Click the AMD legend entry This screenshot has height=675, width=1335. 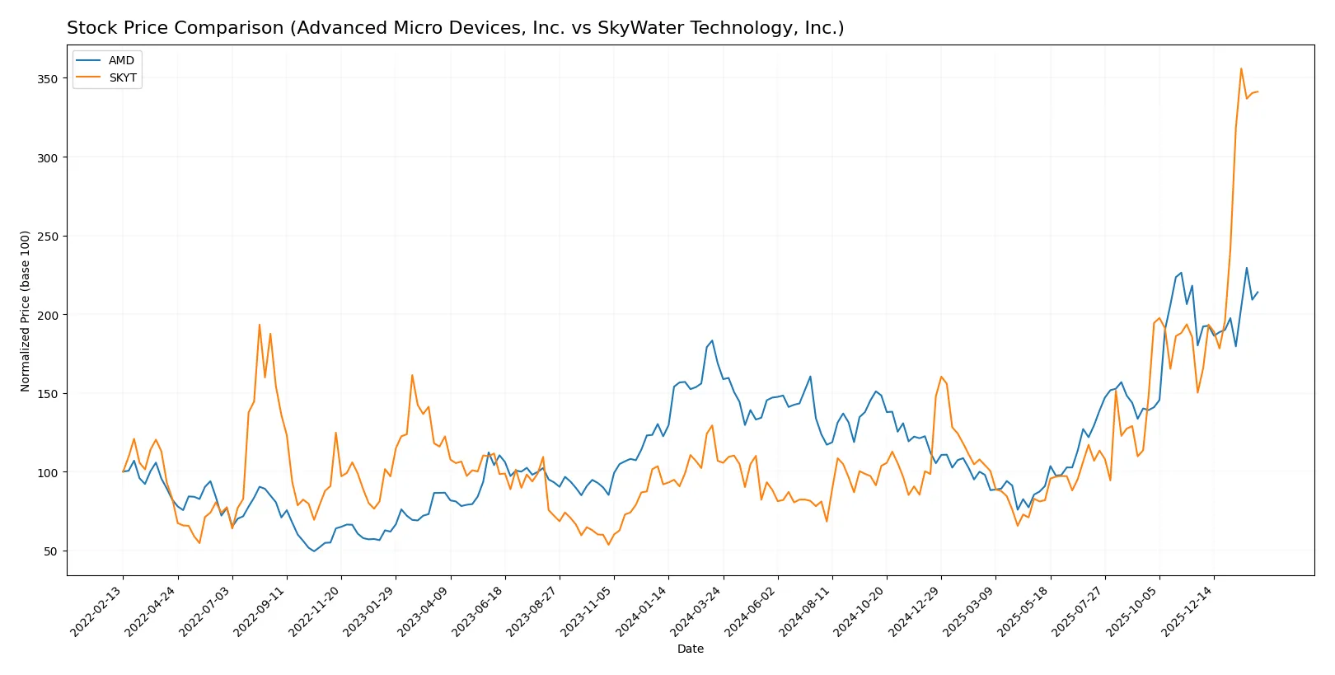point(121,61)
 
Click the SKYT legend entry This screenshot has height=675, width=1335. point(123,78)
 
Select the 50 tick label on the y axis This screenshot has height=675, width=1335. point(50,551)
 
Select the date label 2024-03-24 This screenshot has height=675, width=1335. point(698,612)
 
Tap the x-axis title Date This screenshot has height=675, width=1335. point(691,649)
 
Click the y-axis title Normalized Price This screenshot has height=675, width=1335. point(26,311)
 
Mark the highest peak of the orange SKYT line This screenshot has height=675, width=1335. point(1241,68)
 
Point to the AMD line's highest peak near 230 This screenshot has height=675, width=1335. point(1246,268)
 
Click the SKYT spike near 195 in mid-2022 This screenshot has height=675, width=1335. point(260,324)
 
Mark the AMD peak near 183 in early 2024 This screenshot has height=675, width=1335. point(712,340)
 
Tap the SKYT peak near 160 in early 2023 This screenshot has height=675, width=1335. point(412,375)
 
